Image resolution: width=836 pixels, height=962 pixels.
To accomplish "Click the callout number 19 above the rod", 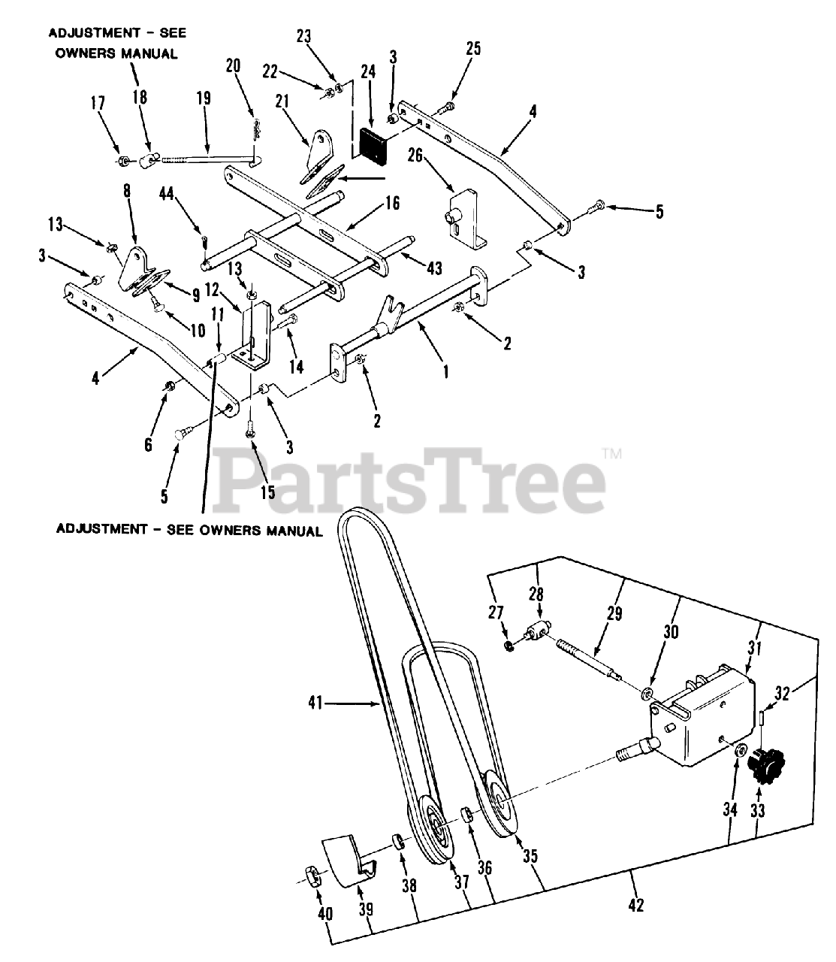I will tap(204, 98).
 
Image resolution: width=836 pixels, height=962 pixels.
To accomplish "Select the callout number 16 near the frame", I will tap(393, 203).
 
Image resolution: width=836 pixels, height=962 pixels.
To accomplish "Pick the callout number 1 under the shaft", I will tap(446, 371).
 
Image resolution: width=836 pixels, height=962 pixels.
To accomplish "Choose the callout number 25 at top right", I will tap(472, 49).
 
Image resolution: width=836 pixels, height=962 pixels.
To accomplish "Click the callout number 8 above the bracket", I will tap(126, 191).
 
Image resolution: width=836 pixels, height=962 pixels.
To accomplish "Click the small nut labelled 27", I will tap(509, 646).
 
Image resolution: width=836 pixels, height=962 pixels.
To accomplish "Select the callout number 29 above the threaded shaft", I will tap(614, 614).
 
